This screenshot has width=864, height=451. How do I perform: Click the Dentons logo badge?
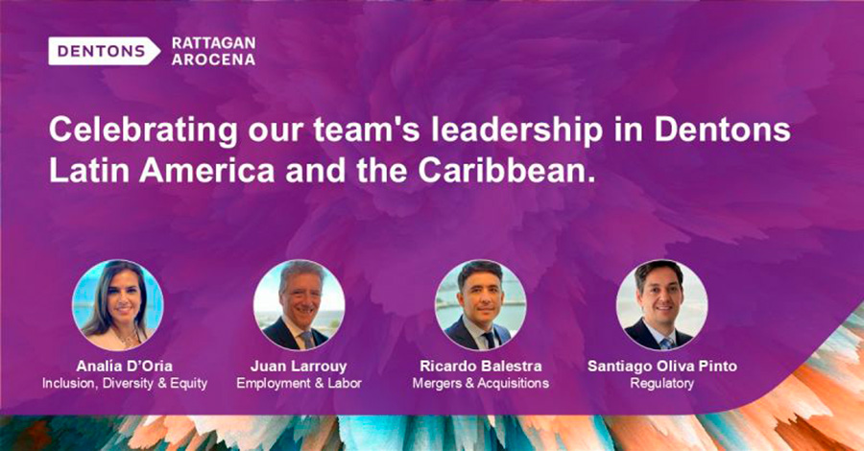click(x=104, y=51)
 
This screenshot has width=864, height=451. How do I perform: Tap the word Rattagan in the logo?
click(x=213, y=43)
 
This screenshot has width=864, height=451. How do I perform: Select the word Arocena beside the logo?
click(x=213, y=59)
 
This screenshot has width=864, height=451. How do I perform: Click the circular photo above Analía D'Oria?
click(x=118, y=305)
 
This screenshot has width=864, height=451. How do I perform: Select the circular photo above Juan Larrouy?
click(x=300, y=305)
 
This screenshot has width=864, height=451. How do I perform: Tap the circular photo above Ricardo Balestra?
click(x=481, y=305)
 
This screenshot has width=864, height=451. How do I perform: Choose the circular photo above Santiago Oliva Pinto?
click(x=661, y=305)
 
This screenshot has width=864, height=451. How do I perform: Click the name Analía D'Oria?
click(x=125, y=367)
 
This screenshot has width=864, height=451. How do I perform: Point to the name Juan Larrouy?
click(x=299, y=367)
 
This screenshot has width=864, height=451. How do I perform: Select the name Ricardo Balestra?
click(x=481, y=367)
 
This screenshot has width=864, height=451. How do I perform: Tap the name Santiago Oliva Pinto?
click(x=661, y=367)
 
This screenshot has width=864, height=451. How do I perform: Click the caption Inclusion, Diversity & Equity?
click(x=125, y=383)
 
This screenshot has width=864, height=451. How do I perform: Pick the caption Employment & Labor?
click(x=299, y=383)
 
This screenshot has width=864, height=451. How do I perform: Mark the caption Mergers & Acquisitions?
click(x=481, y=383)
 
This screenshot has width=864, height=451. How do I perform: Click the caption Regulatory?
click(x=661, y=383)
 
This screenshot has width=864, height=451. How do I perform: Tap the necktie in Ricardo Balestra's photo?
click(x=489, y=340)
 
